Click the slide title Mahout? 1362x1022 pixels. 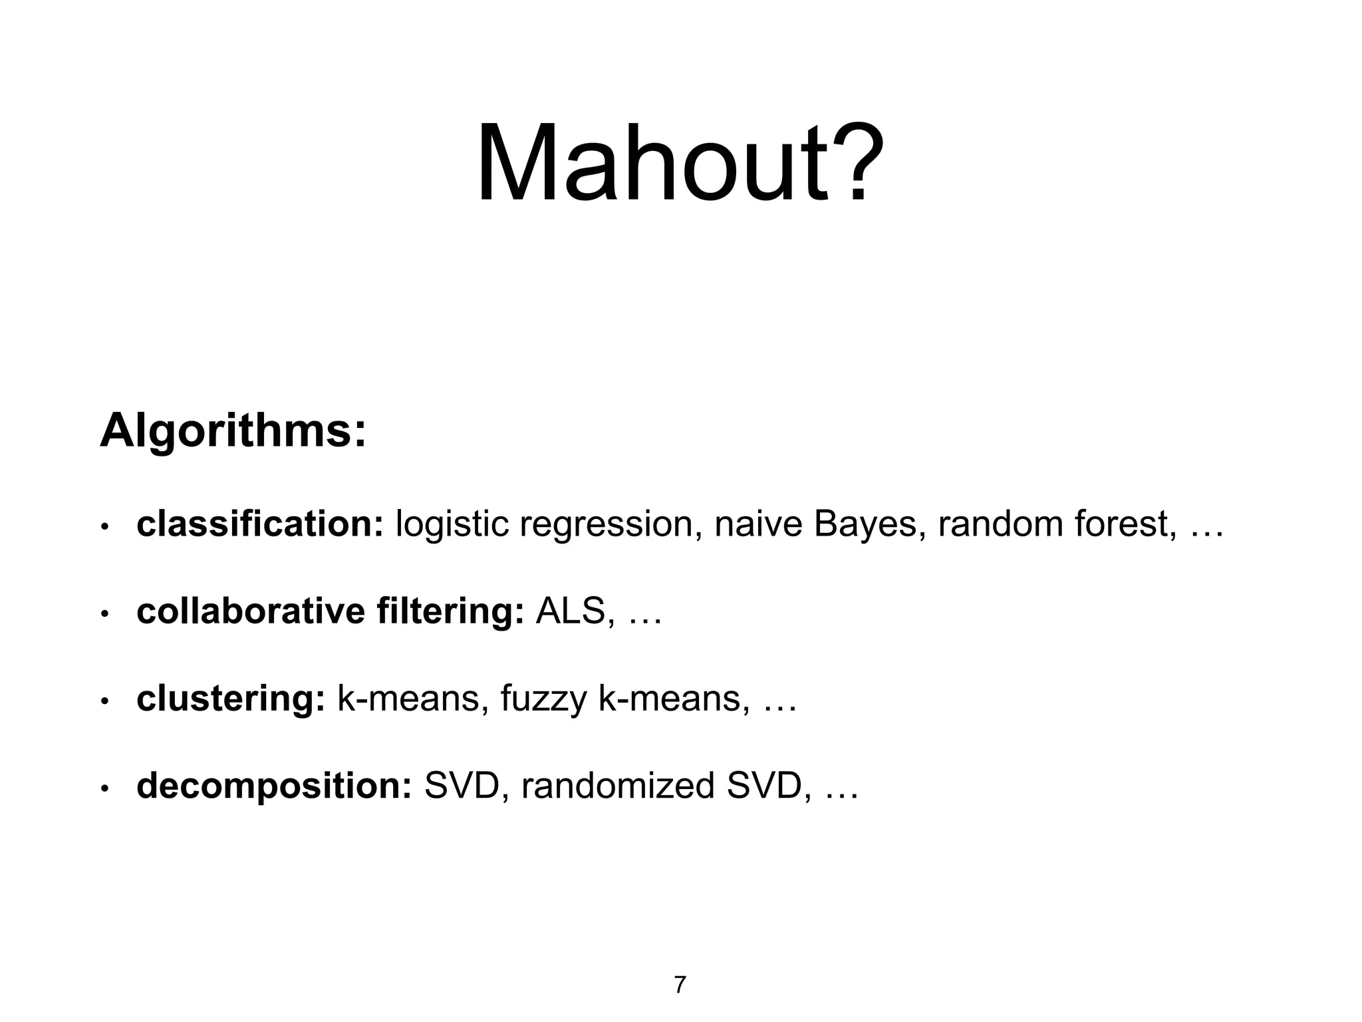680,163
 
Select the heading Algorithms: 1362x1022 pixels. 233,431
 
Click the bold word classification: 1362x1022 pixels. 260,524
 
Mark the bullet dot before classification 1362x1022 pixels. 104,528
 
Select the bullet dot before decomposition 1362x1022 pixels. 104,790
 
